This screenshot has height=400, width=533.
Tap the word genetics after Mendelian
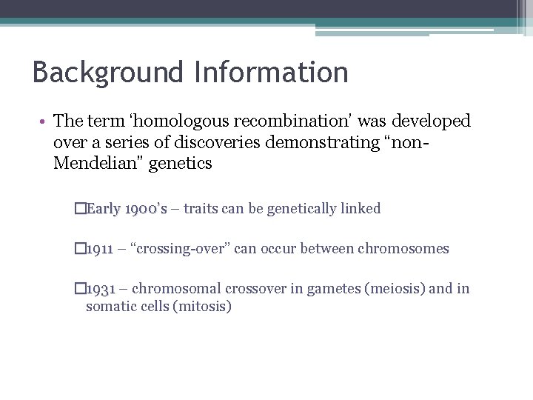[x=179, y=164]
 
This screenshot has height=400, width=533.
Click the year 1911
[x=98, y=249]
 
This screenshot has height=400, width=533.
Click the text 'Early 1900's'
[x=126, y=209]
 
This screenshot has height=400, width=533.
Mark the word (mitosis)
[x=201, y=305]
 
